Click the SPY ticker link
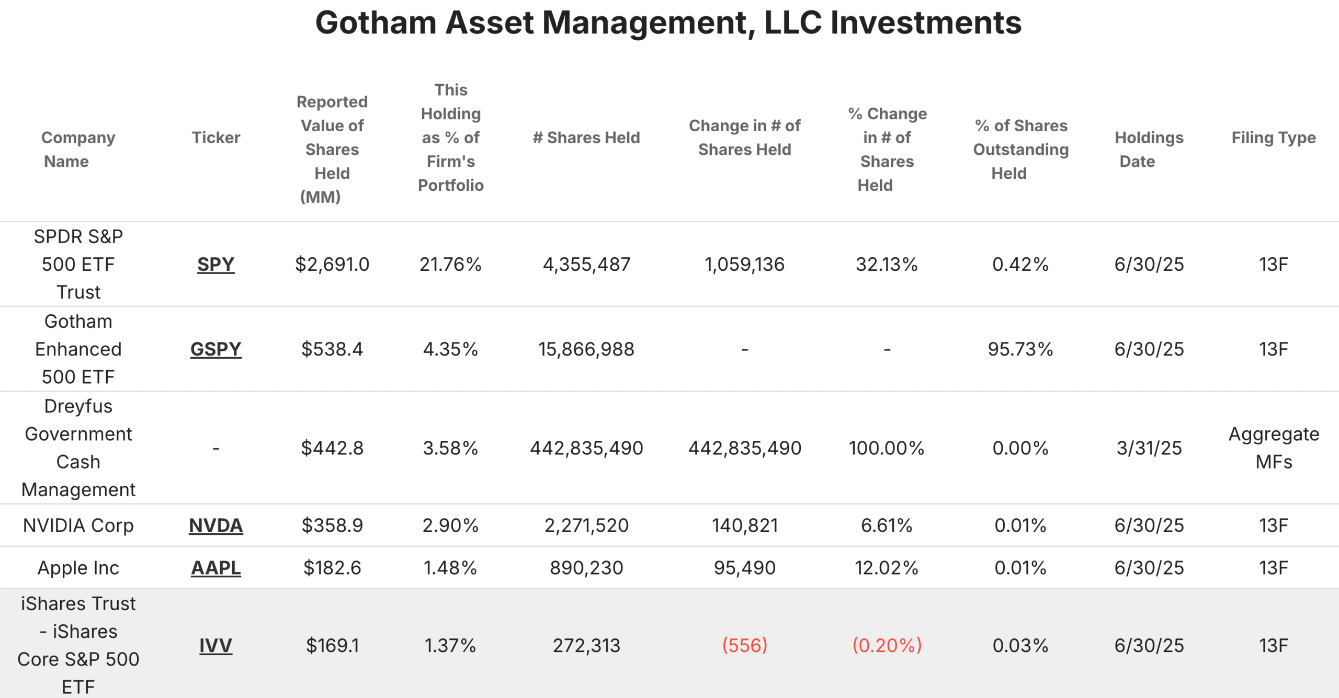215,265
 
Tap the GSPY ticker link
215,349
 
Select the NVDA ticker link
215,525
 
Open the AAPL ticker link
215,568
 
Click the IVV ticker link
215,646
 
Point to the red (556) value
744,646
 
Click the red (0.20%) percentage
887,646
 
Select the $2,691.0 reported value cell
332,265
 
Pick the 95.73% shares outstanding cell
1020,349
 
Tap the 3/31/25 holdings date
1149,448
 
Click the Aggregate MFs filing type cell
1274,448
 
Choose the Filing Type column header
1274,138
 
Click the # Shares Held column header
586,138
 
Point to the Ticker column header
215,138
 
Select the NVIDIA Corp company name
78,525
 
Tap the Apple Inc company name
78,568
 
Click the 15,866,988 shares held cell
586,349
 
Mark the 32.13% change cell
887,265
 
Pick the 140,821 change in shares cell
744,525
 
